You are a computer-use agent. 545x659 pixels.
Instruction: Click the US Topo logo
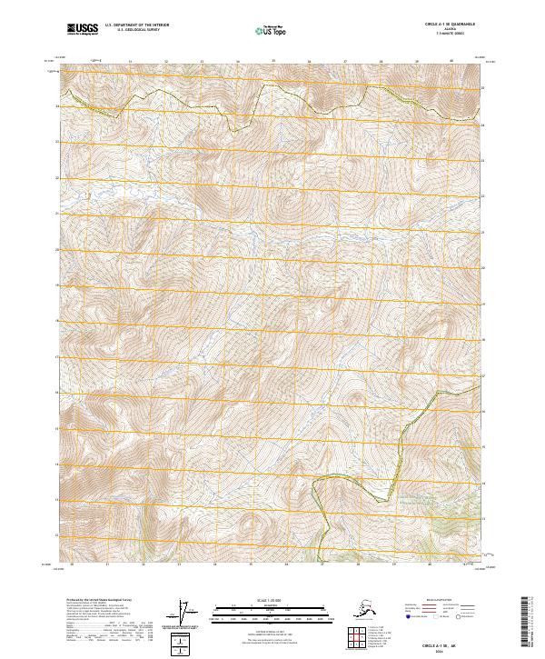coord(272,30)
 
